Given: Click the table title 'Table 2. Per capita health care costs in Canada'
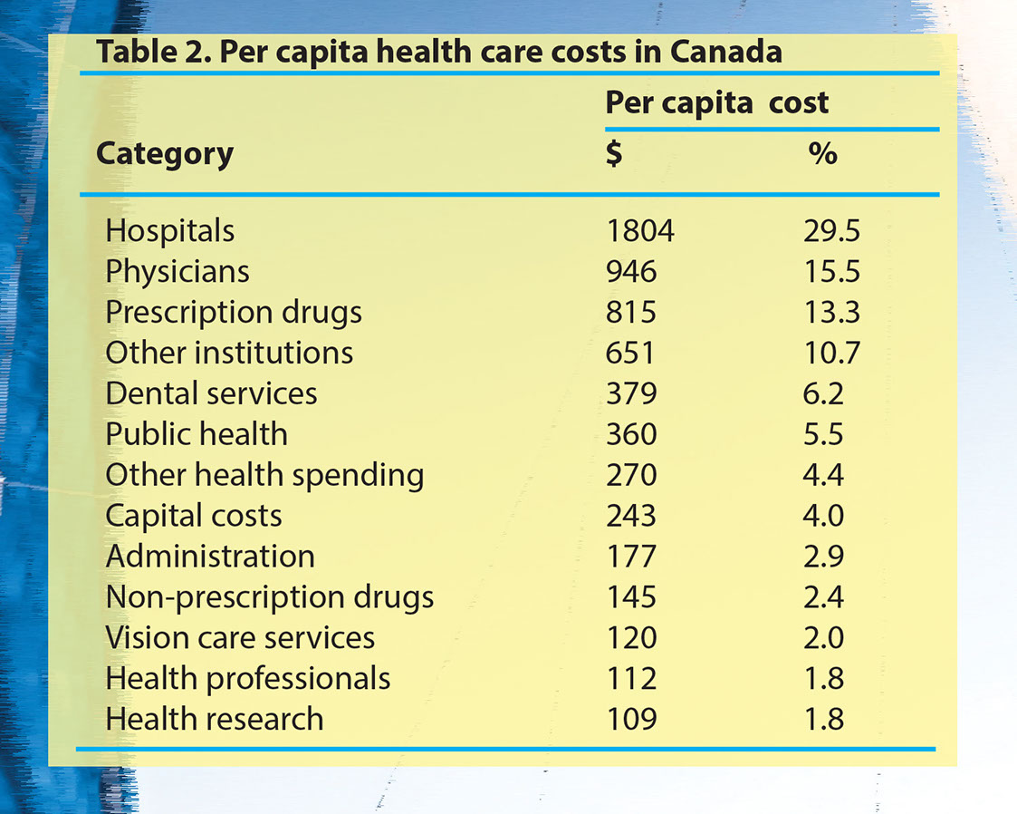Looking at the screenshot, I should [x=438, y=52].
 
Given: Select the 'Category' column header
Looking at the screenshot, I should [x=164, y=153].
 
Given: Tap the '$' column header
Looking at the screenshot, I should [x=613, y=153].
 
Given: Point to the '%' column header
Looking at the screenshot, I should [x=822, y=153].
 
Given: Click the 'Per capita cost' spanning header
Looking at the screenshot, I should [x=716, y=102].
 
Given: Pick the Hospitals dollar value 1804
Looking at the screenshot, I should [x=639, y=231].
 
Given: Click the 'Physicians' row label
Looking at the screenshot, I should [x=177, y=272].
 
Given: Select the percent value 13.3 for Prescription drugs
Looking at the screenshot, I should [x=831, y=313].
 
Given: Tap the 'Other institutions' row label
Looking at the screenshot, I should [x=229, y=353].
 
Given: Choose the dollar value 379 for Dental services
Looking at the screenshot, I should [x=631, y=393].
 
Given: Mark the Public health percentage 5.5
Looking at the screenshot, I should [x=823, y=434].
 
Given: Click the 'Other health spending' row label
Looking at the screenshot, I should [x=264, y=475].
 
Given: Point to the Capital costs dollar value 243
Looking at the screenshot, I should [x=631, y=516].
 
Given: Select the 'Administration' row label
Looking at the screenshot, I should [x=210, y=556].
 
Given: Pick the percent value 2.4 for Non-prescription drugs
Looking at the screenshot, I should [x=823, y=596].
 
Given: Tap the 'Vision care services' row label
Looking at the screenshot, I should [x=240, y=637].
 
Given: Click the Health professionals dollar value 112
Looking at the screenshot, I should [x=631, y=678].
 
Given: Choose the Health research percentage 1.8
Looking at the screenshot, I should [x=823, y=719].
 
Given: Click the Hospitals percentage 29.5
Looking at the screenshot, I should [x=831, y=231].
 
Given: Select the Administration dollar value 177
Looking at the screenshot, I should [x=631, y=556].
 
